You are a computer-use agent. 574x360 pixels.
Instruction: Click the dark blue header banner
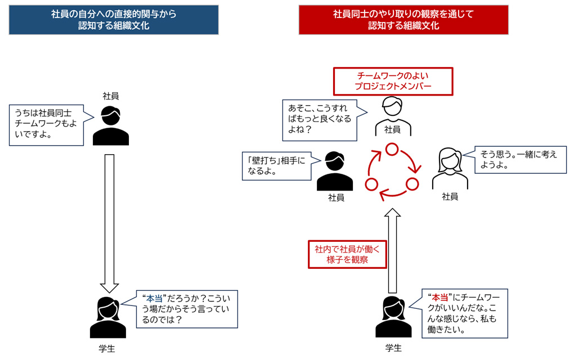[x=114, y=20]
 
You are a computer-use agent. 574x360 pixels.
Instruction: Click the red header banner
[x=403, y=20]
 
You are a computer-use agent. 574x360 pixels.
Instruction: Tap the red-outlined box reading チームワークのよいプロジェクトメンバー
[x=392, y=81]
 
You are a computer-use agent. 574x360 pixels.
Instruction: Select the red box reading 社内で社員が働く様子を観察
[x=347, y=254]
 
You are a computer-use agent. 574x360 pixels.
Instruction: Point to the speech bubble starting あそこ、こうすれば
[x=320, y=119]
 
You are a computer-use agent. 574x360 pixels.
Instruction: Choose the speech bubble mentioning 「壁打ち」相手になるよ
[x=276, y=165]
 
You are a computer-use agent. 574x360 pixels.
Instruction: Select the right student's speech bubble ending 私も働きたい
[x=461, y=313]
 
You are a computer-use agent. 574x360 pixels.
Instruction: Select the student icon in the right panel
[x=393, y=318]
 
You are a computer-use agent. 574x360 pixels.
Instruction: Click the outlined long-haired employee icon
[x=450, y=168]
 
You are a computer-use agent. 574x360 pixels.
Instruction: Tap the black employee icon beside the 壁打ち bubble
[x=335, y=171]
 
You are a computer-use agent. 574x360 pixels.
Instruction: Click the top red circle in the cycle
[x=392, y=149]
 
